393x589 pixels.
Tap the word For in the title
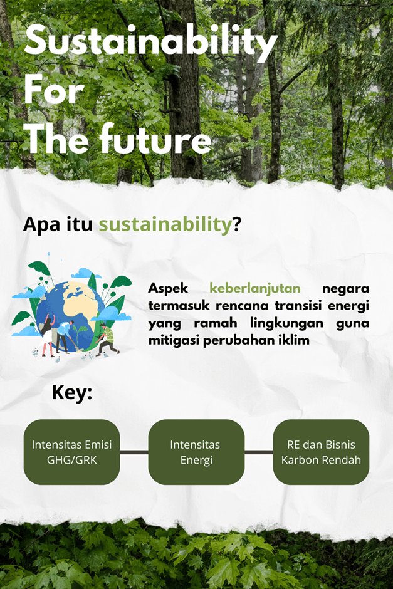point(54,90)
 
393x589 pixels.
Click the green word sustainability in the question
point(165,224)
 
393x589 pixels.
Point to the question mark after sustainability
point(237,224)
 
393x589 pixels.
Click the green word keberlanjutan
point(254,288)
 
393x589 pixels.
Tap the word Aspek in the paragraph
point(168,288)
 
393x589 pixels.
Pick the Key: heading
point(71,393)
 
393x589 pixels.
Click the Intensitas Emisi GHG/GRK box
point(71,452)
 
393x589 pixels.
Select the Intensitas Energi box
point(197,452)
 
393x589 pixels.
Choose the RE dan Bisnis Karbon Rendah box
point(322,452)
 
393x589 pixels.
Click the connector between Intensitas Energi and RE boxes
point(259,452)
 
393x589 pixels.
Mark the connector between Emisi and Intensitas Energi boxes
point(134,452)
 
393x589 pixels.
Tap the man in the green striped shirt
point(107,339)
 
